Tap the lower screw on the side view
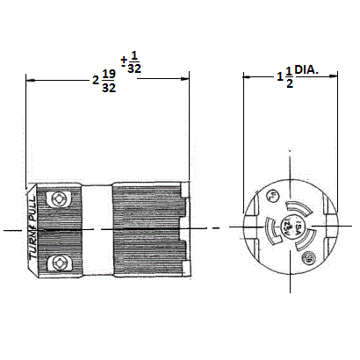(x=61, y=263)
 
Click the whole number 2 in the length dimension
(x=95, y=81)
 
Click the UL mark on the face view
(x=275, y=195)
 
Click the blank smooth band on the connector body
(x=97, y=229)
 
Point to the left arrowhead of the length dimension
(x=31, y=80)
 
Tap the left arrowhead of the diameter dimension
(x=247, y=78)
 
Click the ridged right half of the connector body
(x=145, y=229)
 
